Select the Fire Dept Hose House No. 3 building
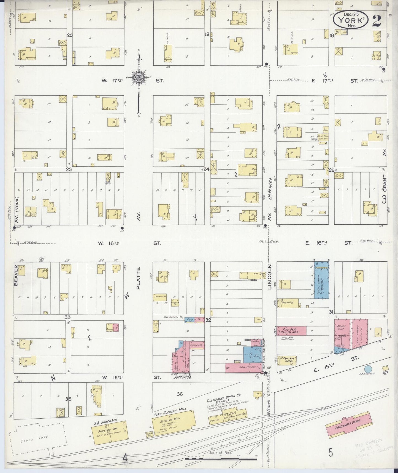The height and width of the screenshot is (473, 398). pos(291,331)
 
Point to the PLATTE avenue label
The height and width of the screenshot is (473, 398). pos(139,278)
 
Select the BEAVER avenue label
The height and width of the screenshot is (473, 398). pos(16,276)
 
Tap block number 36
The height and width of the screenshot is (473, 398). pos(180,394)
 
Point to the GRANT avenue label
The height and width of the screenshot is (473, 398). pos(385,183)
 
